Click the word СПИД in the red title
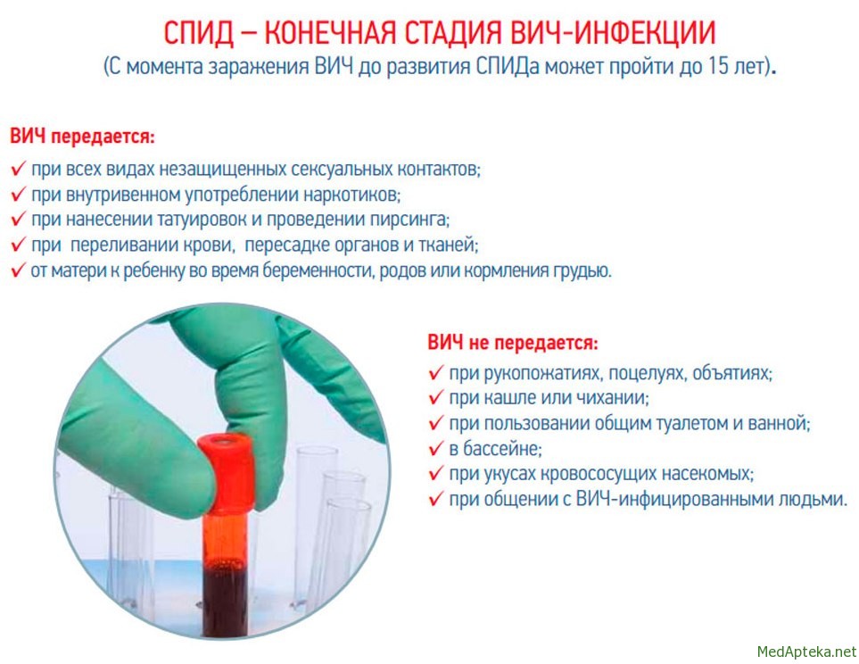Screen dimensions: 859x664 198,33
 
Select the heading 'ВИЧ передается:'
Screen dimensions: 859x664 83,136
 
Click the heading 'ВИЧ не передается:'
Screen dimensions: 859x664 513,343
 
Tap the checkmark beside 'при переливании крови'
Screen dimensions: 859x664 18,244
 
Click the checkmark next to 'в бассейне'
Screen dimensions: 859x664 435,448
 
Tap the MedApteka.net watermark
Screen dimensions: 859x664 806,652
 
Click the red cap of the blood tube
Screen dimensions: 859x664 227,472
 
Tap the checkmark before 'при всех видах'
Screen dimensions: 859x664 18,168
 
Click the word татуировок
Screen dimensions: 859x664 202,220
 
